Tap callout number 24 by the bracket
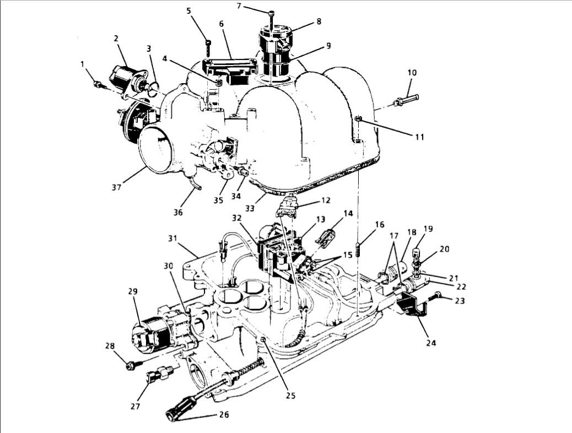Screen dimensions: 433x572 (x=431, y=343)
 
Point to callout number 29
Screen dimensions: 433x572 (x=133, y=291)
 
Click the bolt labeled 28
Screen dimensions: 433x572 (x=131, y=364)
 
